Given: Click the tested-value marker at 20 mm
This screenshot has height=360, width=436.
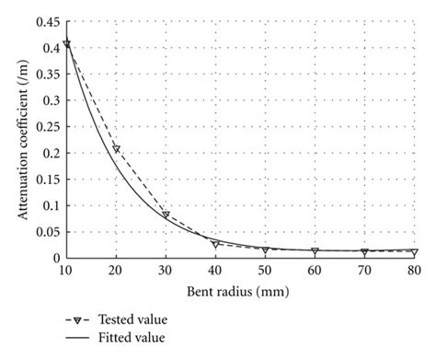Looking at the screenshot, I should (116, 148).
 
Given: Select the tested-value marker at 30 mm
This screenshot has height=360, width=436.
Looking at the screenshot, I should (166, 215).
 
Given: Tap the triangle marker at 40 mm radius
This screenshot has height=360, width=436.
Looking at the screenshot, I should (215, 244).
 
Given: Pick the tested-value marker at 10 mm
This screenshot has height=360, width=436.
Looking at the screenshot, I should (66, 43).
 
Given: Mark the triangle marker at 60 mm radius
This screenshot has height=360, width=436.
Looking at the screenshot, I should (315, 251).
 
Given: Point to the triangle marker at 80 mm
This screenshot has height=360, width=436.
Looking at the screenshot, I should (414, 252).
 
